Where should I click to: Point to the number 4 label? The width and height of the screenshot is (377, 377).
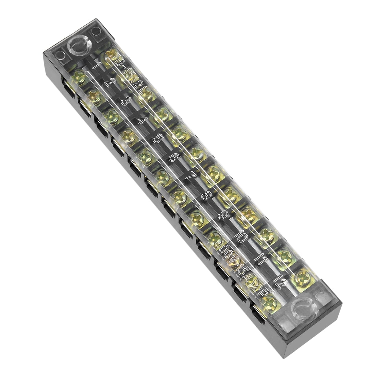(x=141, y=120)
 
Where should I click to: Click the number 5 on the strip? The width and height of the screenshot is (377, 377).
(x=157, y=139)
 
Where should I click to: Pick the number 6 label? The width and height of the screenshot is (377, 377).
(x=173, y=158)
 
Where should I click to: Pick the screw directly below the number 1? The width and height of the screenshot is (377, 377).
(x=79, y=77)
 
